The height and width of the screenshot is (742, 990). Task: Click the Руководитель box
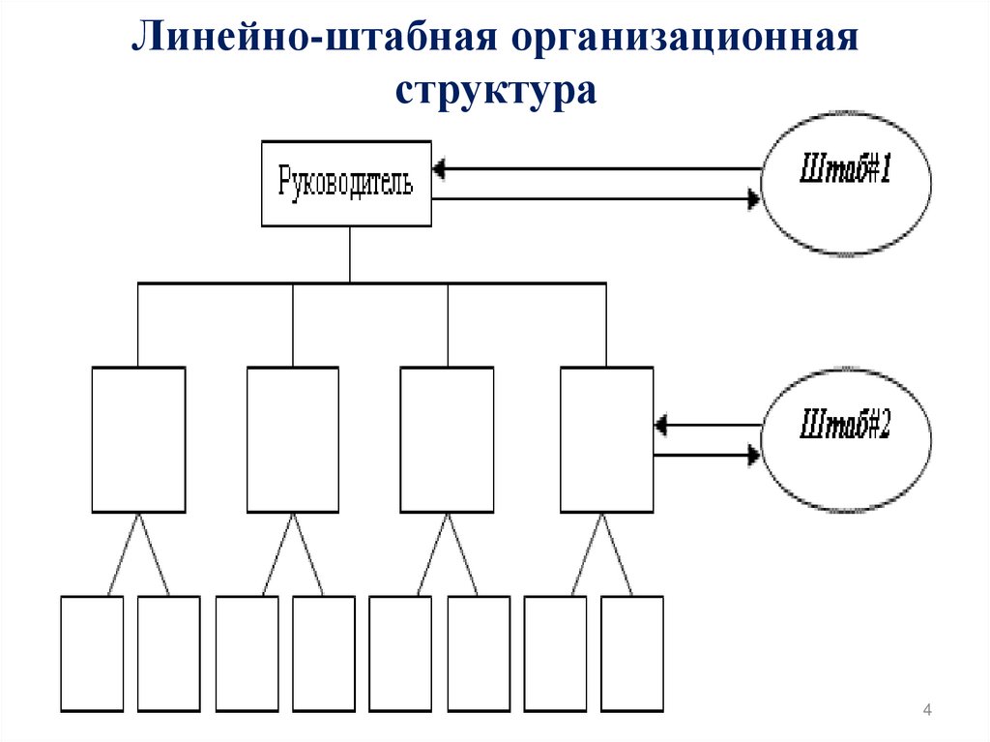(x=347, y=184)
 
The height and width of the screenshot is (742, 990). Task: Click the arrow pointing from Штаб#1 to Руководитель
(x=595, y=169)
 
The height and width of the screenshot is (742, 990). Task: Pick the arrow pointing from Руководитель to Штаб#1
(x=595, y=199)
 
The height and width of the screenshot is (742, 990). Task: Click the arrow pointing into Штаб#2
(x=706, y=454)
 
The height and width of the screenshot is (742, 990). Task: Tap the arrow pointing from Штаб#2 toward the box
(x=706, y=424)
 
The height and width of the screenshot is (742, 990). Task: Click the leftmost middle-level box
(x=138, y=439)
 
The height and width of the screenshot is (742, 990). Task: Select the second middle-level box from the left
(x=293, y=439)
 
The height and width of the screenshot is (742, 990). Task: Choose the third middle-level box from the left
(x=448, y=439)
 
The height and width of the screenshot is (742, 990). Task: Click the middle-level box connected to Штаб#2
(x=606, y=439)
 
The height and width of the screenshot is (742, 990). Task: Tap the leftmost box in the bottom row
(x=93, y=654)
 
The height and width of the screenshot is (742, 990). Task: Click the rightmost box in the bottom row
(x=632, y=654)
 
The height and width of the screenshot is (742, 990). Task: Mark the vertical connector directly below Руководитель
(x=350, y=255)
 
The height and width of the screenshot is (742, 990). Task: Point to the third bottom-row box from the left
(x=247, y=654)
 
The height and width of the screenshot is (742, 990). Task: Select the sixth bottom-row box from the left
(x=479, y=654)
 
